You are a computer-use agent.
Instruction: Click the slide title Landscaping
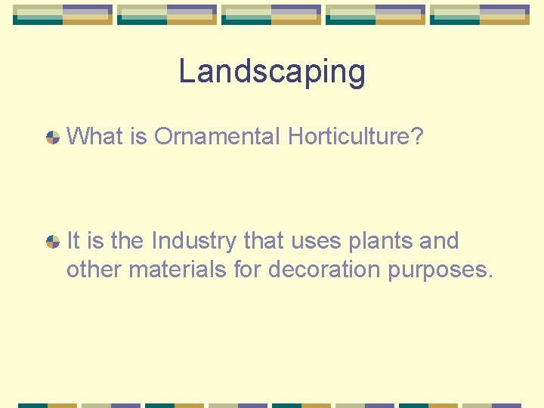pos(272,73)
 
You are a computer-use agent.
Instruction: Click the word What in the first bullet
pos(89,137)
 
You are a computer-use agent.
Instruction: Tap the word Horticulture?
pos(355,137)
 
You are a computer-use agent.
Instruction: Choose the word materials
pos(178,269)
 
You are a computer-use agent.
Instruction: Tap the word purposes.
pos(440,270)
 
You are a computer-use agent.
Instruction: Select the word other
pos(94,269)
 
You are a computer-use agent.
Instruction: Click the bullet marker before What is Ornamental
pos(53,138)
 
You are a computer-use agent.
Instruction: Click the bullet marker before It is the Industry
pos(53,242)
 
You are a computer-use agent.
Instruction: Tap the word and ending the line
pos(438,241)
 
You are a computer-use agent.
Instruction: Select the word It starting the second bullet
pos(73,241)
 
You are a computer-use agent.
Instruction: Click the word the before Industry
pos(128,241)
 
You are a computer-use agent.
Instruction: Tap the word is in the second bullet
pos(95,241)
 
